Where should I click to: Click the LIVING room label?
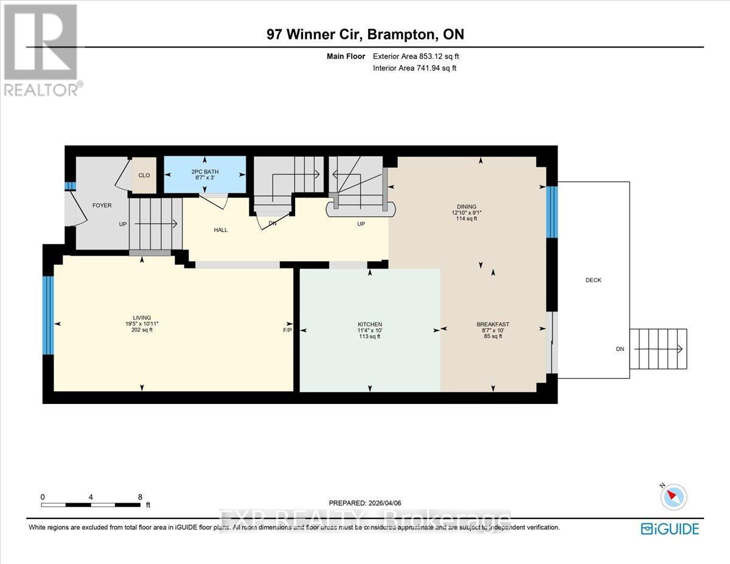(142, 324)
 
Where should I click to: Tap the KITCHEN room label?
(369, 324)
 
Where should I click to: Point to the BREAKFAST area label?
(493, 324)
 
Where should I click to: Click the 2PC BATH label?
(205, 172)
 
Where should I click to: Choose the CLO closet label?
(144, 175)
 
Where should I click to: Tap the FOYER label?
(102, 205)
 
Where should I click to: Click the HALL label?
(220, 230)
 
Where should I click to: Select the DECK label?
(593, 280)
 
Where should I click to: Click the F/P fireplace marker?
(288, 330)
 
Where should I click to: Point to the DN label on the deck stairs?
(619, 349)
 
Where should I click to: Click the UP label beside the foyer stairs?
(122, 225)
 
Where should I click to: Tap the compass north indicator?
(673, 496)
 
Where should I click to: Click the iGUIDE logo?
(670, 528)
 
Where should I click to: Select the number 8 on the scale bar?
(140, 497)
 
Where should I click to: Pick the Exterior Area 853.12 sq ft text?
(415, 57)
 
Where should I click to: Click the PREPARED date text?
(365, 503)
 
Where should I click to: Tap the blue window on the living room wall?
(48, 315)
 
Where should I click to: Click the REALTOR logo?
(41, 50)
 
